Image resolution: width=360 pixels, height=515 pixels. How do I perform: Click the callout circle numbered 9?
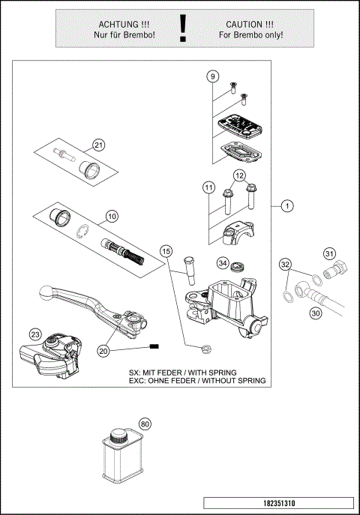point(213,76)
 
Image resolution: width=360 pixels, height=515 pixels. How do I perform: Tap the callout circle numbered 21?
point(99,145)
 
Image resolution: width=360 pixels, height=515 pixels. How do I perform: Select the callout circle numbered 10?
point(112,217)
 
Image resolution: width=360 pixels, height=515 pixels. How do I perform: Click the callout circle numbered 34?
point(223,263)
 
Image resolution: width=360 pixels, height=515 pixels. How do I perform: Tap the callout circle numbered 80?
point(145,424)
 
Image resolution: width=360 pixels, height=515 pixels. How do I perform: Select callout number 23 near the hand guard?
point(35,334)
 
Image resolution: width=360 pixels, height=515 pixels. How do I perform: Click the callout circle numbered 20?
point(104,350)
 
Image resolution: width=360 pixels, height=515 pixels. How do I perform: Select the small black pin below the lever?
point(156,346)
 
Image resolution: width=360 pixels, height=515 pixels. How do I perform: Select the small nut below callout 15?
point(204,347)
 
